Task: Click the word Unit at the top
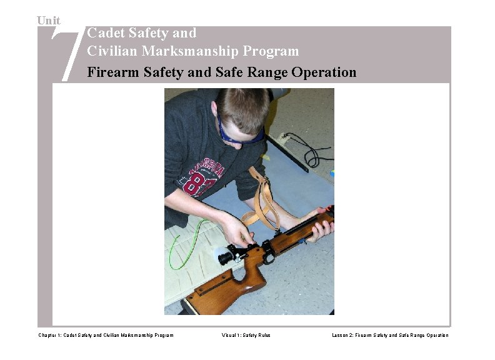(x=49, y=21)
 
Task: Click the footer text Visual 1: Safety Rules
(x=246, y=336)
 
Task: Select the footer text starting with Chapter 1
(x=106, y=336)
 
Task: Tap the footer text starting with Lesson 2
(x=390, y=336)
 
